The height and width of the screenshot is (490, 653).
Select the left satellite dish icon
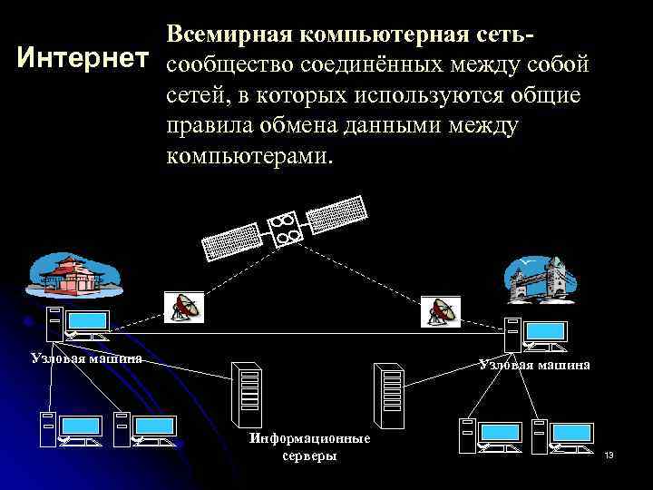(x=184, y=308)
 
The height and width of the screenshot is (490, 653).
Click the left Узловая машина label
(x=86, y=357)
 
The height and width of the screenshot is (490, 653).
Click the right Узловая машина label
(x=535, y=364)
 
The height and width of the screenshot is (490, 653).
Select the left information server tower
(x=247, y=392)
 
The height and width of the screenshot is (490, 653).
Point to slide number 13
(x=609, y=454)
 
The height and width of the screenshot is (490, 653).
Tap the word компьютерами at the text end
(x=249, y=155)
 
